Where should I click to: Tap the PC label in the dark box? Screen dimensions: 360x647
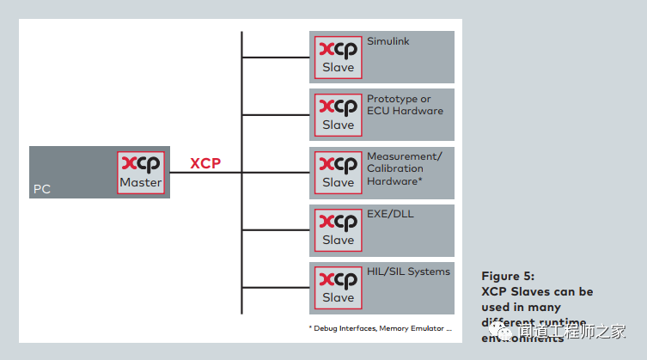point(42,189)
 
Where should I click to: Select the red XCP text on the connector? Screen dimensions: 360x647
point(206,163)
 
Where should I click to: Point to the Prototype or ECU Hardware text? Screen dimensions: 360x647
point(405,105)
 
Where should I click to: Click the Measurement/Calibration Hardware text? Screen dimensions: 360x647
point(404,168)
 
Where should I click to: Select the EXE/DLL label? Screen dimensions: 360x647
point(390,214)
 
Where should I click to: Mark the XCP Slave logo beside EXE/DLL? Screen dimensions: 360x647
point(338,230)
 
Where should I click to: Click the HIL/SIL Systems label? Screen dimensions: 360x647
point(408,272)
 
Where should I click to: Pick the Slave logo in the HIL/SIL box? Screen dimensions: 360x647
point(338,288)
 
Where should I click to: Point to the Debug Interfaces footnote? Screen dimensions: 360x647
point(379,328)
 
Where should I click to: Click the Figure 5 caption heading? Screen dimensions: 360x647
point(509,277)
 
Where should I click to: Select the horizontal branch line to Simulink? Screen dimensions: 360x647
point(275,58)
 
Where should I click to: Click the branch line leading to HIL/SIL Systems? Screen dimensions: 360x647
point(275,288)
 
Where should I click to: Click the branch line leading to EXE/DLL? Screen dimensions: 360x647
point(275,230)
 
